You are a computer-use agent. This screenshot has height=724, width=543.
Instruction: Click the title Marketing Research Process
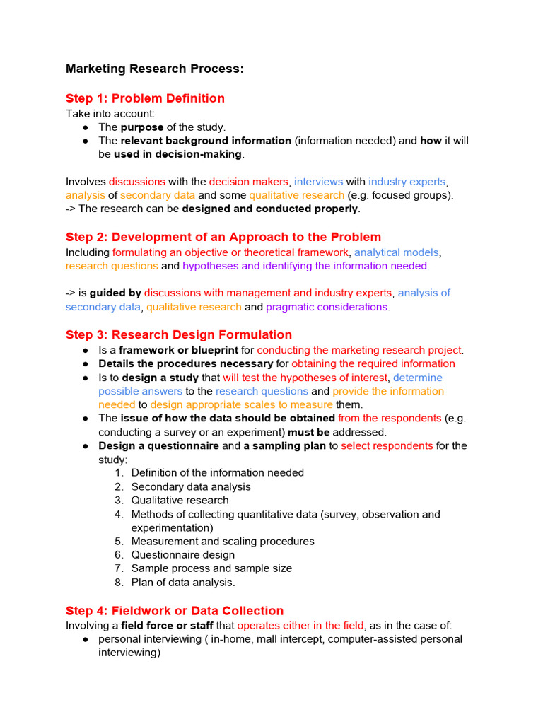[x=154, y=69]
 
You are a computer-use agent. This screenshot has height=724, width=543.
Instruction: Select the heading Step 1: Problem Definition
[x=145, y=98]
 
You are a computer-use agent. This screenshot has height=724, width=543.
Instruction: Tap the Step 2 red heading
[x=223, y=238]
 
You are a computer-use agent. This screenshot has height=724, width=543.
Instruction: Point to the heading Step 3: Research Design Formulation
[x=178, y=334]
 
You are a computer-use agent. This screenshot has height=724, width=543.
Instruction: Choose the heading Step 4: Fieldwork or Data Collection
[x=174, y=610]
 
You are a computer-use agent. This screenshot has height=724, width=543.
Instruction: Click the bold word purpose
[x=141, y=127]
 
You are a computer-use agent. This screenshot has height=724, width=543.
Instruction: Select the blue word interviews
[x=318, y=182]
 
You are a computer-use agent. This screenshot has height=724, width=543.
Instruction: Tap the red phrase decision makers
[x=250, y=182]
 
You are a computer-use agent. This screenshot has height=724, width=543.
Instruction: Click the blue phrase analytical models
[x=397, y=252]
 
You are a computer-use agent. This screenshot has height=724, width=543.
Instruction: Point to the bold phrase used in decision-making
[x=177, y=154]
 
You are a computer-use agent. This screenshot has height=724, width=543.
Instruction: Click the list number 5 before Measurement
[x=119, y=542]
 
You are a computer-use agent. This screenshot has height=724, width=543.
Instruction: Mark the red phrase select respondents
[x=387, y=446]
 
